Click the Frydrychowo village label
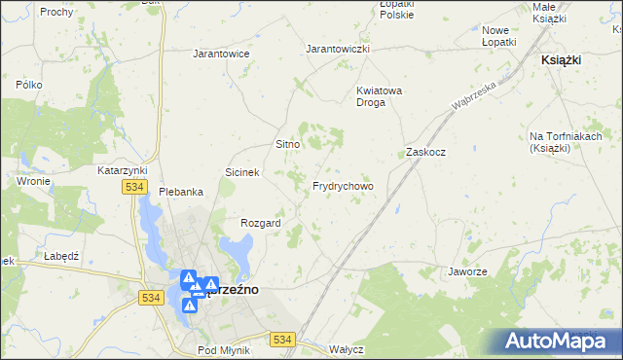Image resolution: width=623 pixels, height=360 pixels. (x=343, y=186)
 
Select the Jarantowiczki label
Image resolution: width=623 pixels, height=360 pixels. (x=338, y=49)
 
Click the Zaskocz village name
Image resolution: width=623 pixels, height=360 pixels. (x=425, y=153)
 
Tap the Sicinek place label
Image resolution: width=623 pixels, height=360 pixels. (x=241, y=172)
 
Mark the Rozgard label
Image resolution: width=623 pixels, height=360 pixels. (x=261, y=223)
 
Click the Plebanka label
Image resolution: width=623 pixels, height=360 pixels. (x=181, y=192)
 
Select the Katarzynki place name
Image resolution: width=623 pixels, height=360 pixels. (x=122, y=169)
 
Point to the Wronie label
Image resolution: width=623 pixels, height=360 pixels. (x=33, y=181)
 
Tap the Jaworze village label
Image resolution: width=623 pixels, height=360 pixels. (x=467, y=271)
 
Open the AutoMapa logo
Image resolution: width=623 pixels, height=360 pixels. (x=558, y=341)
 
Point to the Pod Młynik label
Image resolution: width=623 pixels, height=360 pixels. (x=224, y=350)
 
